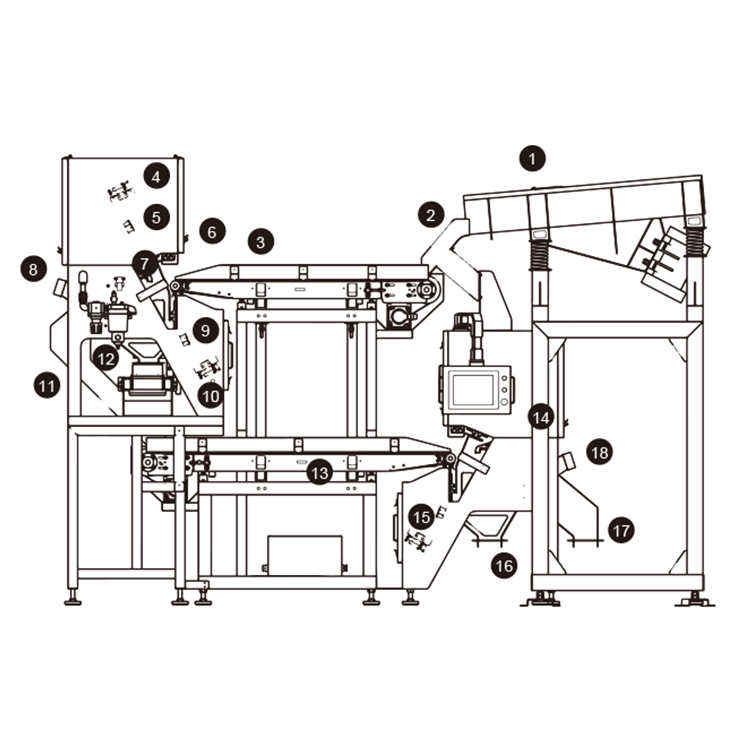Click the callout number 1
point(532,158)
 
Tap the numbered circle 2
point(431,215)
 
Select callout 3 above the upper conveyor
point(261,242)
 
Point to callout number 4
point(156,177)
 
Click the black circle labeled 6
point(212,232)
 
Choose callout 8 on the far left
point(33,269)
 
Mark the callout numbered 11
point(47,385)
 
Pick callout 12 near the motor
point(106,358)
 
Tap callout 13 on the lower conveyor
point(320,473)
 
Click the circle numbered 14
point(541,418)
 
